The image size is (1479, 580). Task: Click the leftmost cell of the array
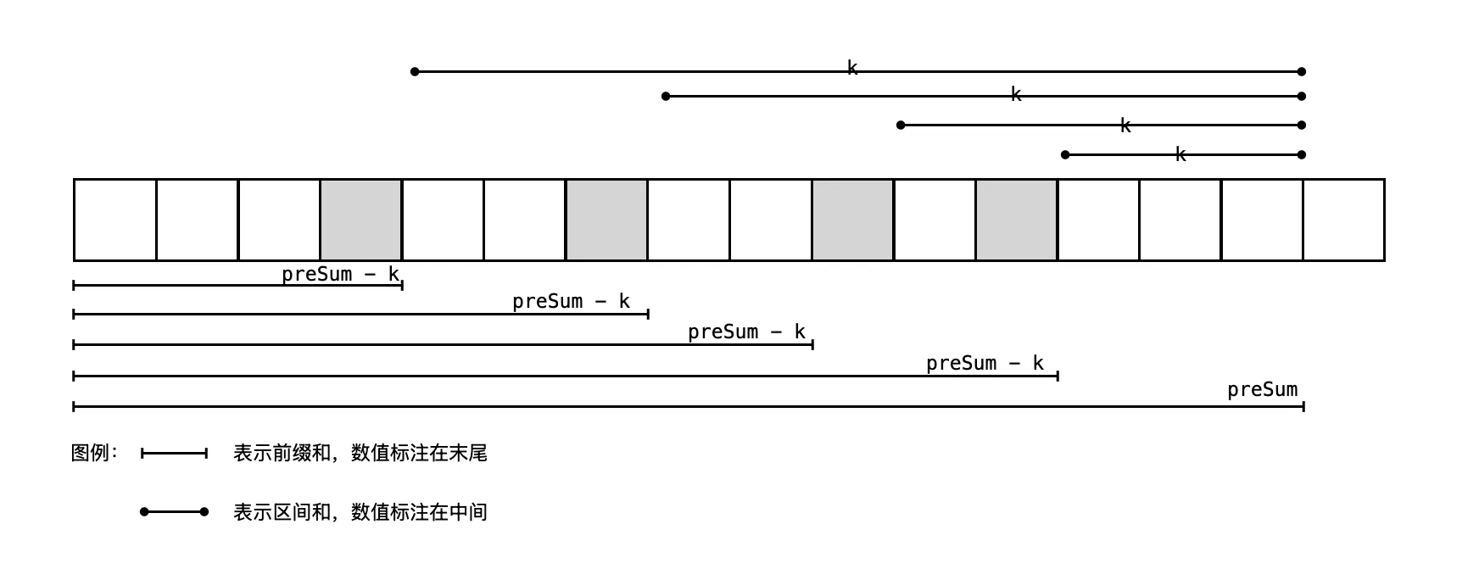click(x=115, y=220)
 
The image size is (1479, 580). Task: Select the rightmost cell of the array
click(x=1343, y=220)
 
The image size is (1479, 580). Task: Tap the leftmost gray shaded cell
click(x=361, y=220)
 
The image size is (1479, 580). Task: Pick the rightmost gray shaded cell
click(x=1016, y=220)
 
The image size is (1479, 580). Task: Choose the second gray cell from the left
click(x=606, y=220)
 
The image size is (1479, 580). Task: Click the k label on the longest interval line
click(x=852, y=68)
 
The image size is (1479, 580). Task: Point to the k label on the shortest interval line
click(x=1180, y=154)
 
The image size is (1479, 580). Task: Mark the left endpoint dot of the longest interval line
click(x=415, y=71)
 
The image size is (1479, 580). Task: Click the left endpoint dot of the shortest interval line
click(x=1065, y=154)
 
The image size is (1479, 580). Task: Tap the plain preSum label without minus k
click(x=1262, y=389)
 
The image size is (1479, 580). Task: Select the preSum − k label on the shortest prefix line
click(x=340, y=274)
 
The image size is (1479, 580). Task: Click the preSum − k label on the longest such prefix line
click(x=985, y=363)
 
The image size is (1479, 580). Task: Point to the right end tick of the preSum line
click(x=1303, y=406)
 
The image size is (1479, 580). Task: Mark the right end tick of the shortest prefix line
click(x=402, y=285)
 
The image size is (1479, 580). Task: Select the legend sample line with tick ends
click(x=174, y=454)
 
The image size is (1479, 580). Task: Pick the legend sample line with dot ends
click(x=174, y=512)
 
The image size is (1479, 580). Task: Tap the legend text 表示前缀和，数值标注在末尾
click(x=360, y=453)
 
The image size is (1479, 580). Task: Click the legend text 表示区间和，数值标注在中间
click(x=360, y=512)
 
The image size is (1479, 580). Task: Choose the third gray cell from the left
click(x=852, y=220)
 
